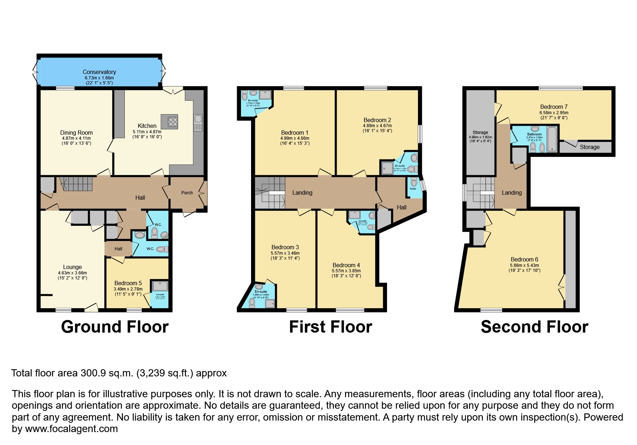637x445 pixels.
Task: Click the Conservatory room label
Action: coord(99,72)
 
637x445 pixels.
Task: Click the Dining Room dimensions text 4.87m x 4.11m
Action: coord(76,138)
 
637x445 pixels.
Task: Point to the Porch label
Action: coord(187,193)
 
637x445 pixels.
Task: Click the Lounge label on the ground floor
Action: coord(72,267)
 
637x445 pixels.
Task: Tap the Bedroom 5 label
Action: coord(128,283)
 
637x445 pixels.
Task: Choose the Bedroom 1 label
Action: coord(295,133)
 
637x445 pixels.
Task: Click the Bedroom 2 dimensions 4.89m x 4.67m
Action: coord(377,126)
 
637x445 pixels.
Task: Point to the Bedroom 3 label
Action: coord(285,247)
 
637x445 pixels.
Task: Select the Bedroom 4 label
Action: coord(346,265)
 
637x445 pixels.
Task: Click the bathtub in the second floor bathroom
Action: coord(552,139)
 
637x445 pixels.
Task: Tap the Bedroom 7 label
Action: coord(554,107)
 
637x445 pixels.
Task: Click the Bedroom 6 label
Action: coord(524,259)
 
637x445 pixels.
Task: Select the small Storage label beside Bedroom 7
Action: coord(590,147)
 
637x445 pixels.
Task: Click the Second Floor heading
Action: coord(534,327)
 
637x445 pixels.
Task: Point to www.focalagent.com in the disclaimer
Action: coord(72,429)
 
